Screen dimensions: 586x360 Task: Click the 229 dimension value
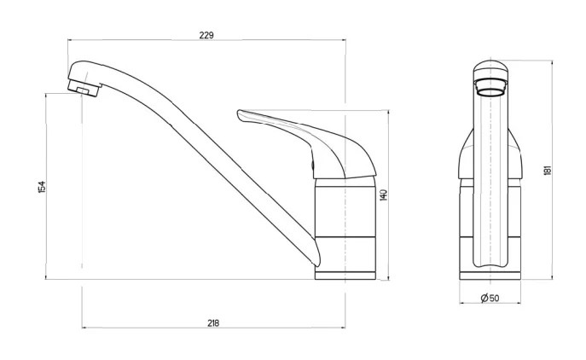206,35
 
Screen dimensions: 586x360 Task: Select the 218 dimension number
213,323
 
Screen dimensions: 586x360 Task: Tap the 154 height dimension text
42,187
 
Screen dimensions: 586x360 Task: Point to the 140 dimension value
384,195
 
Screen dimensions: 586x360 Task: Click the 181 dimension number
548,170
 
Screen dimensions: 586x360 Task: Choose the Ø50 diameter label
490,298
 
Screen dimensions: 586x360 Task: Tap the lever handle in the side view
306,144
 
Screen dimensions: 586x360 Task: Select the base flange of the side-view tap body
345,276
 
